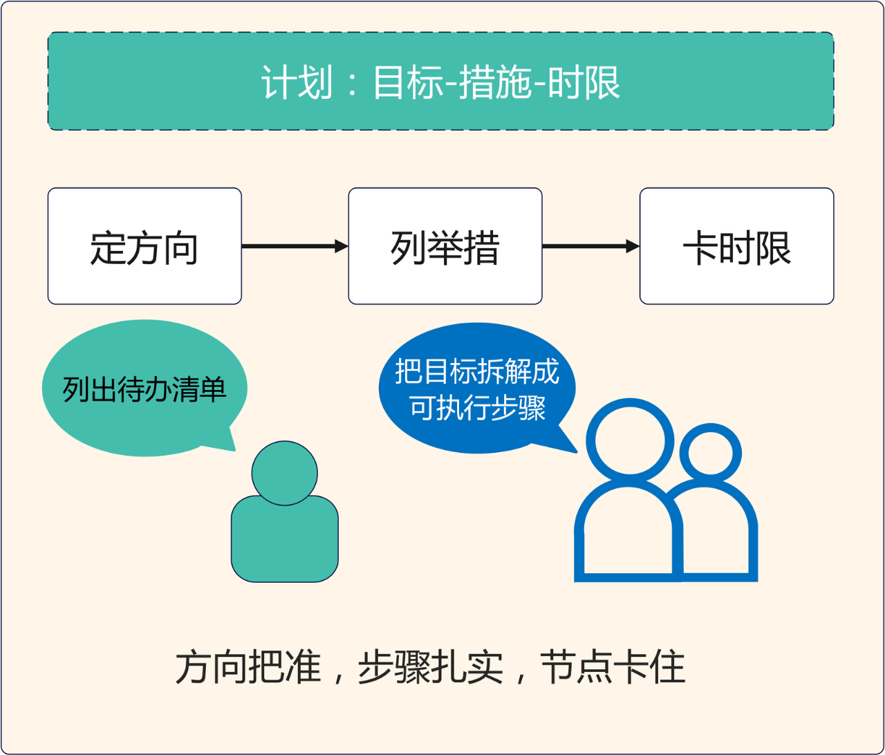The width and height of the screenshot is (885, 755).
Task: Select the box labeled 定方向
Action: (145, 246)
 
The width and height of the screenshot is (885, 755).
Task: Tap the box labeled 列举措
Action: (445, 246)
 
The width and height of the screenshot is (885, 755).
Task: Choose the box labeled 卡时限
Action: (736, 246)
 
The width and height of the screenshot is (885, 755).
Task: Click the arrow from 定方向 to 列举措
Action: (294, 246)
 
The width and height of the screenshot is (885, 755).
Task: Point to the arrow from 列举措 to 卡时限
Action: (590, 246)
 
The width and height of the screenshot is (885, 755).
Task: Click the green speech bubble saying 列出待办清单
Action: (145, 389)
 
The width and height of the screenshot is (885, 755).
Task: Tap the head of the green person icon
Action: (284, 474)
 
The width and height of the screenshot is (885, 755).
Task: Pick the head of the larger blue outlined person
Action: (629, 440)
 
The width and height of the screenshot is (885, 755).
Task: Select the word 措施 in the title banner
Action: (494, 83)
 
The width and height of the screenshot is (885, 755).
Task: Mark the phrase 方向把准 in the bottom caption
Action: (248, 668)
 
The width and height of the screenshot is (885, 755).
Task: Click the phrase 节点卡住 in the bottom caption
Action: (613, 668)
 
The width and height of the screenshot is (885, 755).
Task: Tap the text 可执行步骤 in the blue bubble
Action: (478, 409)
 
